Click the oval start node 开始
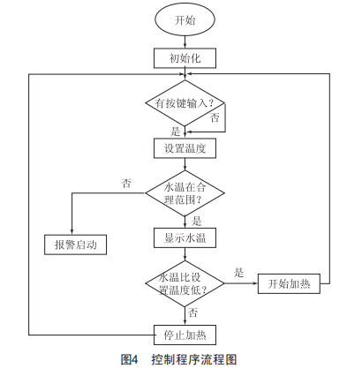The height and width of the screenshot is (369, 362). point(185,20)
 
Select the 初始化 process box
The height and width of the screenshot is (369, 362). point(185,58)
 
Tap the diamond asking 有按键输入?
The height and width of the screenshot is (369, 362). point(185,103)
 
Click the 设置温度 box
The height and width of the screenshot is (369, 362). point(185,148)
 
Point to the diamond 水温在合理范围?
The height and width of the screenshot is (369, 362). point(185,193)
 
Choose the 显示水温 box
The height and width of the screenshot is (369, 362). point(185,237)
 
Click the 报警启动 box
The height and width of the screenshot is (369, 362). point(75,245)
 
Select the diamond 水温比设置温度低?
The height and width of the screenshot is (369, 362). point(185,283)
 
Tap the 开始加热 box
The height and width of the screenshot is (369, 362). point(289,283)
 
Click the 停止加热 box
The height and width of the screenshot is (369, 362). point(185,335)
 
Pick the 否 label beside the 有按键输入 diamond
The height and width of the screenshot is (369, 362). point(215,117)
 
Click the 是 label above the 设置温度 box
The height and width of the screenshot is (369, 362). point(175,132)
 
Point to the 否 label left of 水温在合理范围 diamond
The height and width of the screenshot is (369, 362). point(126,183)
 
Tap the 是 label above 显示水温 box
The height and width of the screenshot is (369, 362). point(196,221)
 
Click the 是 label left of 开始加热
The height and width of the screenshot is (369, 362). point(238,273)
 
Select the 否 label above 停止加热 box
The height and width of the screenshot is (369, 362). point(192,313)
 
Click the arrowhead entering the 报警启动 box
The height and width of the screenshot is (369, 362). point(72,232)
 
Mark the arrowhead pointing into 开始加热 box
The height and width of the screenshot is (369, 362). point(255,283)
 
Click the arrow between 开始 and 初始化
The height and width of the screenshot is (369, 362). point(185,42)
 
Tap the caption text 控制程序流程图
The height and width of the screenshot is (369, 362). point(194,359)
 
